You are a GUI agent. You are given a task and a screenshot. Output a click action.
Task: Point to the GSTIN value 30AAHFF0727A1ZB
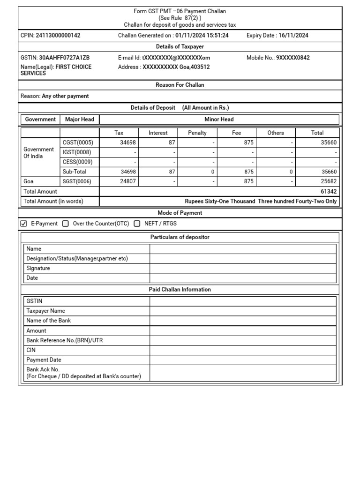point(64,58)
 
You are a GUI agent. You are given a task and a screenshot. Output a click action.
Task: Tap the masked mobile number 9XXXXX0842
point(292,58)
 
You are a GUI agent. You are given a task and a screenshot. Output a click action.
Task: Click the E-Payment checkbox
point(24,224)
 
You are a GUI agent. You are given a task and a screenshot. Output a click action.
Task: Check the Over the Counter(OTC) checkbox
point(66,224)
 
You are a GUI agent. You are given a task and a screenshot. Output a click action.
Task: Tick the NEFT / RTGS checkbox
point(137,224)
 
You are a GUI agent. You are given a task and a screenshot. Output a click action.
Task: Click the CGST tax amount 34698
point(128,142)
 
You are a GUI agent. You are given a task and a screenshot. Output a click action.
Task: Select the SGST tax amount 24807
point(128,181)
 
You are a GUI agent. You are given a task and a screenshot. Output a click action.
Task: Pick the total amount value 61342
point(328,191)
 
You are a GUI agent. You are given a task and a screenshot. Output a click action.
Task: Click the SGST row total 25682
point(328,181)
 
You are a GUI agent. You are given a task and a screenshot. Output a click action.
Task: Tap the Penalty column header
point(197,133)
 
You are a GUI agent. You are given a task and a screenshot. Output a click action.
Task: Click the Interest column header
point(158,133)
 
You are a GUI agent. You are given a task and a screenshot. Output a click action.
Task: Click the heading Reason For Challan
point(180,85)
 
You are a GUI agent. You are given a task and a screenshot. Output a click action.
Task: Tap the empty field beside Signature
point(243,268)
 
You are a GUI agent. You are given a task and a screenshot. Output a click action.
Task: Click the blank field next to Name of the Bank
point(243,321)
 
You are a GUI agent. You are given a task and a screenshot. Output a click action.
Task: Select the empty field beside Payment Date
point(243,360)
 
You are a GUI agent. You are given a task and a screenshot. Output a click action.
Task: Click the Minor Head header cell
point(219,119)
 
